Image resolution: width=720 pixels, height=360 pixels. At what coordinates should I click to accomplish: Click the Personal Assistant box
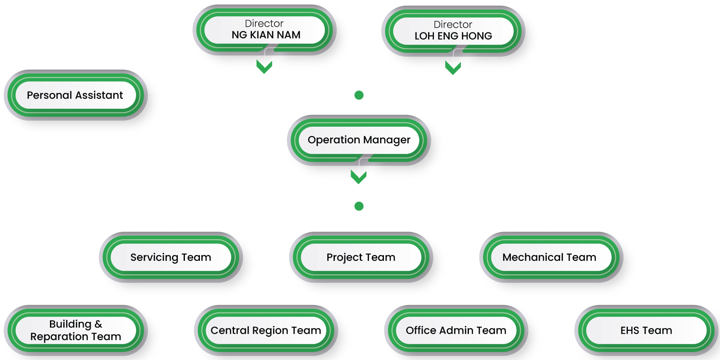(75, 95)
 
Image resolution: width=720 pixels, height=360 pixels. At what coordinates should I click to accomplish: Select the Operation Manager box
(359, 140)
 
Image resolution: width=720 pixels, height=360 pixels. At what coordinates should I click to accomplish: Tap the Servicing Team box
(171, 257)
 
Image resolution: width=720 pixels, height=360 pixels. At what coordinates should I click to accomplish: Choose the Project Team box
(361, 257)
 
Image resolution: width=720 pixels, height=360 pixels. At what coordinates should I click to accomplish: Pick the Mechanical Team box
(549, 257)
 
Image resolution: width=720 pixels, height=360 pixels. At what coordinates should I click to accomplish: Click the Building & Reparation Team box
(76, 330)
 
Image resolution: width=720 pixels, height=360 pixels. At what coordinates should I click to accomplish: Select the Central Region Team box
(266, 330)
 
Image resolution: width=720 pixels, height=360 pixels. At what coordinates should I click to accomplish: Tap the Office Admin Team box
(456, 330)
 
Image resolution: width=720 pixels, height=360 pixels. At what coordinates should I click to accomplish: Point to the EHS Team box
(646, 330)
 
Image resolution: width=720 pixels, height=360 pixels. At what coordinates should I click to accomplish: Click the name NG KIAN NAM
(266, 35)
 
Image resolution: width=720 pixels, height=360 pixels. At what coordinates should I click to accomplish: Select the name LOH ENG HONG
(453, 36)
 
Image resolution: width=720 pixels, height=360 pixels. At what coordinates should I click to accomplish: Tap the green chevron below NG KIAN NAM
(265, 66)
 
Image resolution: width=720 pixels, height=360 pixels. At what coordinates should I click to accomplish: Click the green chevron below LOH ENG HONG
(453, 67)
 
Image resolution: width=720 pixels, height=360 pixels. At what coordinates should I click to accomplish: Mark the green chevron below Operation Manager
(359, 176)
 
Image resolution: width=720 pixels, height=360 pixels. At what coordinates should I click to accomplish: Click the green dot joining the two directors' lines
(359, 95)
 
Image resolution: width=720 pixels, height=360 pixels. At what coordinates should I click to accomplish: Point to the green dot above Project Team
(359, 206)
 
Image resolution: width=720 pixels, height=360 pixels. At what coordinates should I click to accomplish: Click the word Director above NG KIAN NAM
(264, 24)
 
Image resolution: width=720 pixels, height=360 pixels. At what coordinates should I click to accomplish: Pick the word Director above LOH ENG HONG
(453, 25)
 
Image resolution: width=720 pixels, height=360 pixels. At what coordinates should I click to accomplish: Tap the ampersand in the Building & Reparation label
(98, 324)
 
